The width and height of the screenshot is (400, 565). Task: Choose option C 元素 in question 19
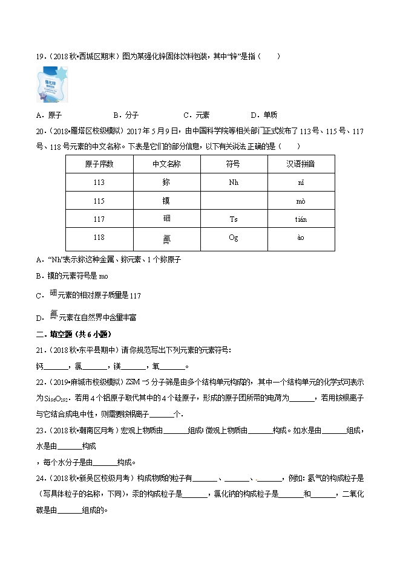tap(195, 115)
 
